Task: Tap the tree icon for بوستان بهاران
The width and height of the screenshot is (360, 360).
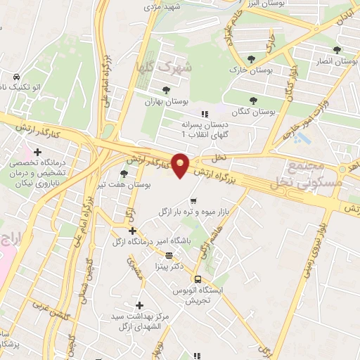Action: (x=166, y=90)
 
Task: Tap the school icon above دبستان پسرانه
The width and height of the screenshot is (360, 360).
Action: (x=205, y=113)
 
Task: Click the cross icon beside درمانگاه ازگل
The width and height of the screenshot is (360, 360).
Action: (x=132, y=230)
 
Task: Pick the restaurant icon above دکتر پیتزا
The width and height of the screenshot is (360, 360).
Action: (x=168, y=255)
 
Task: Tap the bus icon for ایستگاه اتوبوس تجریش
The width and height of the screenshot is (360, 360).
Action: (x=197, y=278)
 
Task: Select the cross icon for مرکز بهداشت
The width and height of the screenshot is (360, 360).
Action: (x=140, y=305)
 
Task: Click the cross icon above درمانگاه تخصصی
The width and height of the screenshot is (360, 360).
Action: (x=37, y=151)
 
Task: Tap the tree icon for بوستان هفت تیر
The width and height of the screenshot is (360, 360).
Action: (x=124, y=173)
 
